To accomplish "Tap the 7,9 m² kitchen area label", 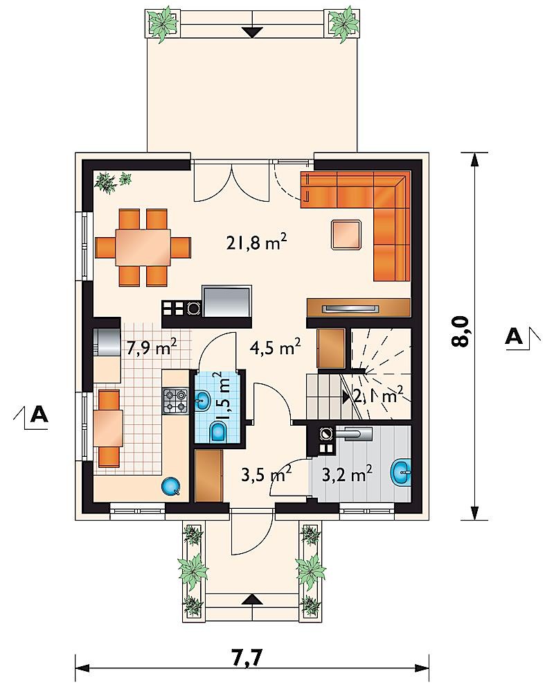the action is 152,348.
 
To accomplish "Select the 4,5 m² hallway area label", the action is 275,348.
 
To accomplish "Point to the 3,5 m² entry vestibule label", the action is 267,475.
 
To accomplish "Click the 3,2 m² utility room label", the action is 347,474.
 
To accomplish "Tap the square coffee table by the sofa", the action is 346,235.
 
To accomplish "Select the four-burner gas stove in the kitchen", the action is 176,401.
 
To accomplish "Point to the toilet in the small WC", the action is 217,432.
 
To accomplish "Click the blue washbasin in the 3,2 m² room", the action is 401,473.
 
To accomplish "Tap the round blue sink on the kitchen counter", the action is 170,485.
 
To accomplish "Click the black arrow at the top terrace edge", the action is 253,32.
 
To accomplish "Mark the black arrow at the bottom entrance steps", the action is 253,600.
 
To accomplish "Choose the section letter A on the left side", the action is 39,414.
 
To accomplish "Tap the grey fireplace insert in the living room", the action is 226,302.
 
